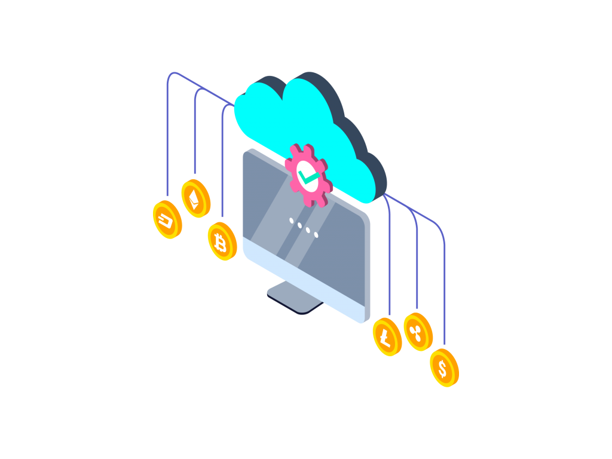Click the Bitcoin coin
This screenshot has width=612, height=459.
tap(222, 241)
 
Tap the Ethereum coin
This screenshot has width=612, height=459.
tap(195, 198)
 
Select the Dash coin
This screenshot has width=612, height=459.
tap(167, 219)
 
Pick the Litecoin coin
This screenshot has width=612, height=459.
tap(387, 338)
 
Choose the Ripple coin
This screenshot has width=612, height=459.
tap(418, 332)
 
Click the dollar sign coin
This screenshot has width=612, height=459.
tap(444, 368)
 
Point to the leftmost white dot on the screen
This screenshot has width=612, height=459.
tap(292, 221)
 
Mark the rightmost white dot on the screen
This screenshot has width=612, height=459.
tap(316, 234)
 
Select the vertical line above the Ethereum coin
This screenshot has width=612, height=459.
tap(195, 137)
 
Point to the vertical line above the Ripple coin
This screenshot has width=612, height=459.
tap(417, 269)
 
